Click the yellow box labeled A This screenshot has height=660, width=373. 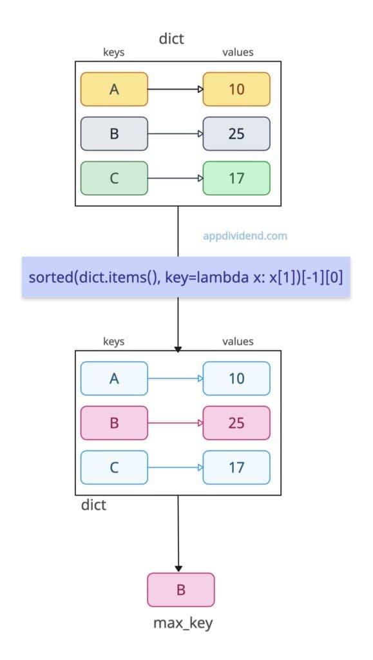pos(114,89)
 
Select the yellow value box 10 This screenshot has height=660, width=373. pos(236,89)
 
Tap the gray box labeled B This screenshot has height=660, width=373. pos(114,133)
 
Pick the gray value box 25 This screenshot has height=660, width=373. pos(236,133)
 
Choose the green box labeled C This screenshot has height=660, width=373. pos(114,178)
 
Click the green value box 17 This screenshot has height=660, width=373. pos(236,178)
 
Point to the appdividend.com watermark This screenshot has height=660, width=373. pos(244,236)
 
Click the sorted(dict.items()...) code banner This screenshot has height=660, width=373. pos(186,278)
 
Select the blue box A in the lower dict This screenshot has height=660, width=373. pos(114,378)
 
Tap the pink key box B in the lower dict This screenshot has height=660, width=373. pos(114,423)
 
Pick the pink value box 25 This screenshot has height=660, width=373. pos(236,423)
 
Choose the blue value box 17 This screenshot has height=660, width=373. pos(236,467)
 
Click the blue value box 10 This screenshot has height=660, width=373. pos(236,378)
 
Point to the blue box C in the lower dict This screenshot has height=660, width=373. pos(114,467)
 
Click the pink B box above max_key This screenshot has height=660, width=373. pos(180,590)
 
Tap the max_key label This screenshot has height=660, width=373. pos(180,623)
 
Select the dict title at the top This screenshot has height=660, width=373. pos(171,39)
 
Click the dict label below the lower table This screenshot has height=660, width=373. pos(93,505)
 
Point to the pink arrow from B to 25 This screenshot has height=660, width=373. pos(175,423)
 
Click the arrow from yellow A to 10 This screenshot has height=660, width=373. pos(175,89)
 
